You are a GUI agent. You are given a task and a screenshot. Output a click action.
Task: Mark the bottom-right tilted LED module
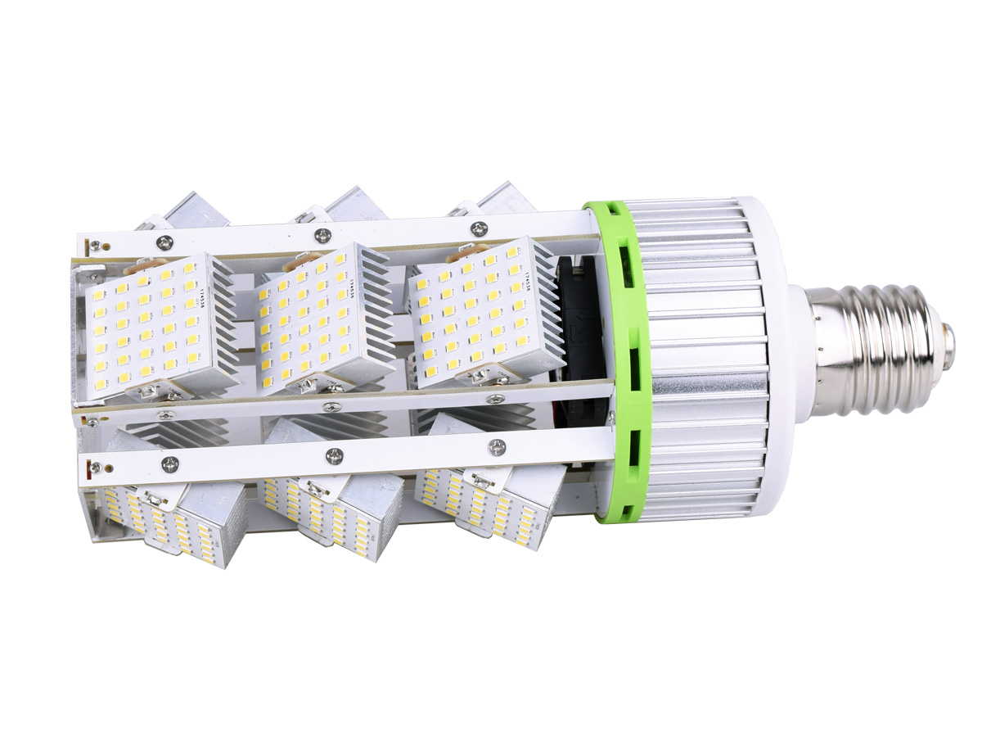pos(483,500)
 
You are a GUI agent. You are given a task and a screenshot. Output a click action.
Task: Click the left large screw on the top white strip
pos(166,241)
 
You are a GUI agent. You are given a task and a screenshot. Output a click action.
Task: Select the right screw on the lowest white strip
pos(497,447)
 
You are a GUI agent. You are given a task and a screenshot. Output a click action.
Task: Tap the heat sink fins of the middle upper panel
pos(368,311)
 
